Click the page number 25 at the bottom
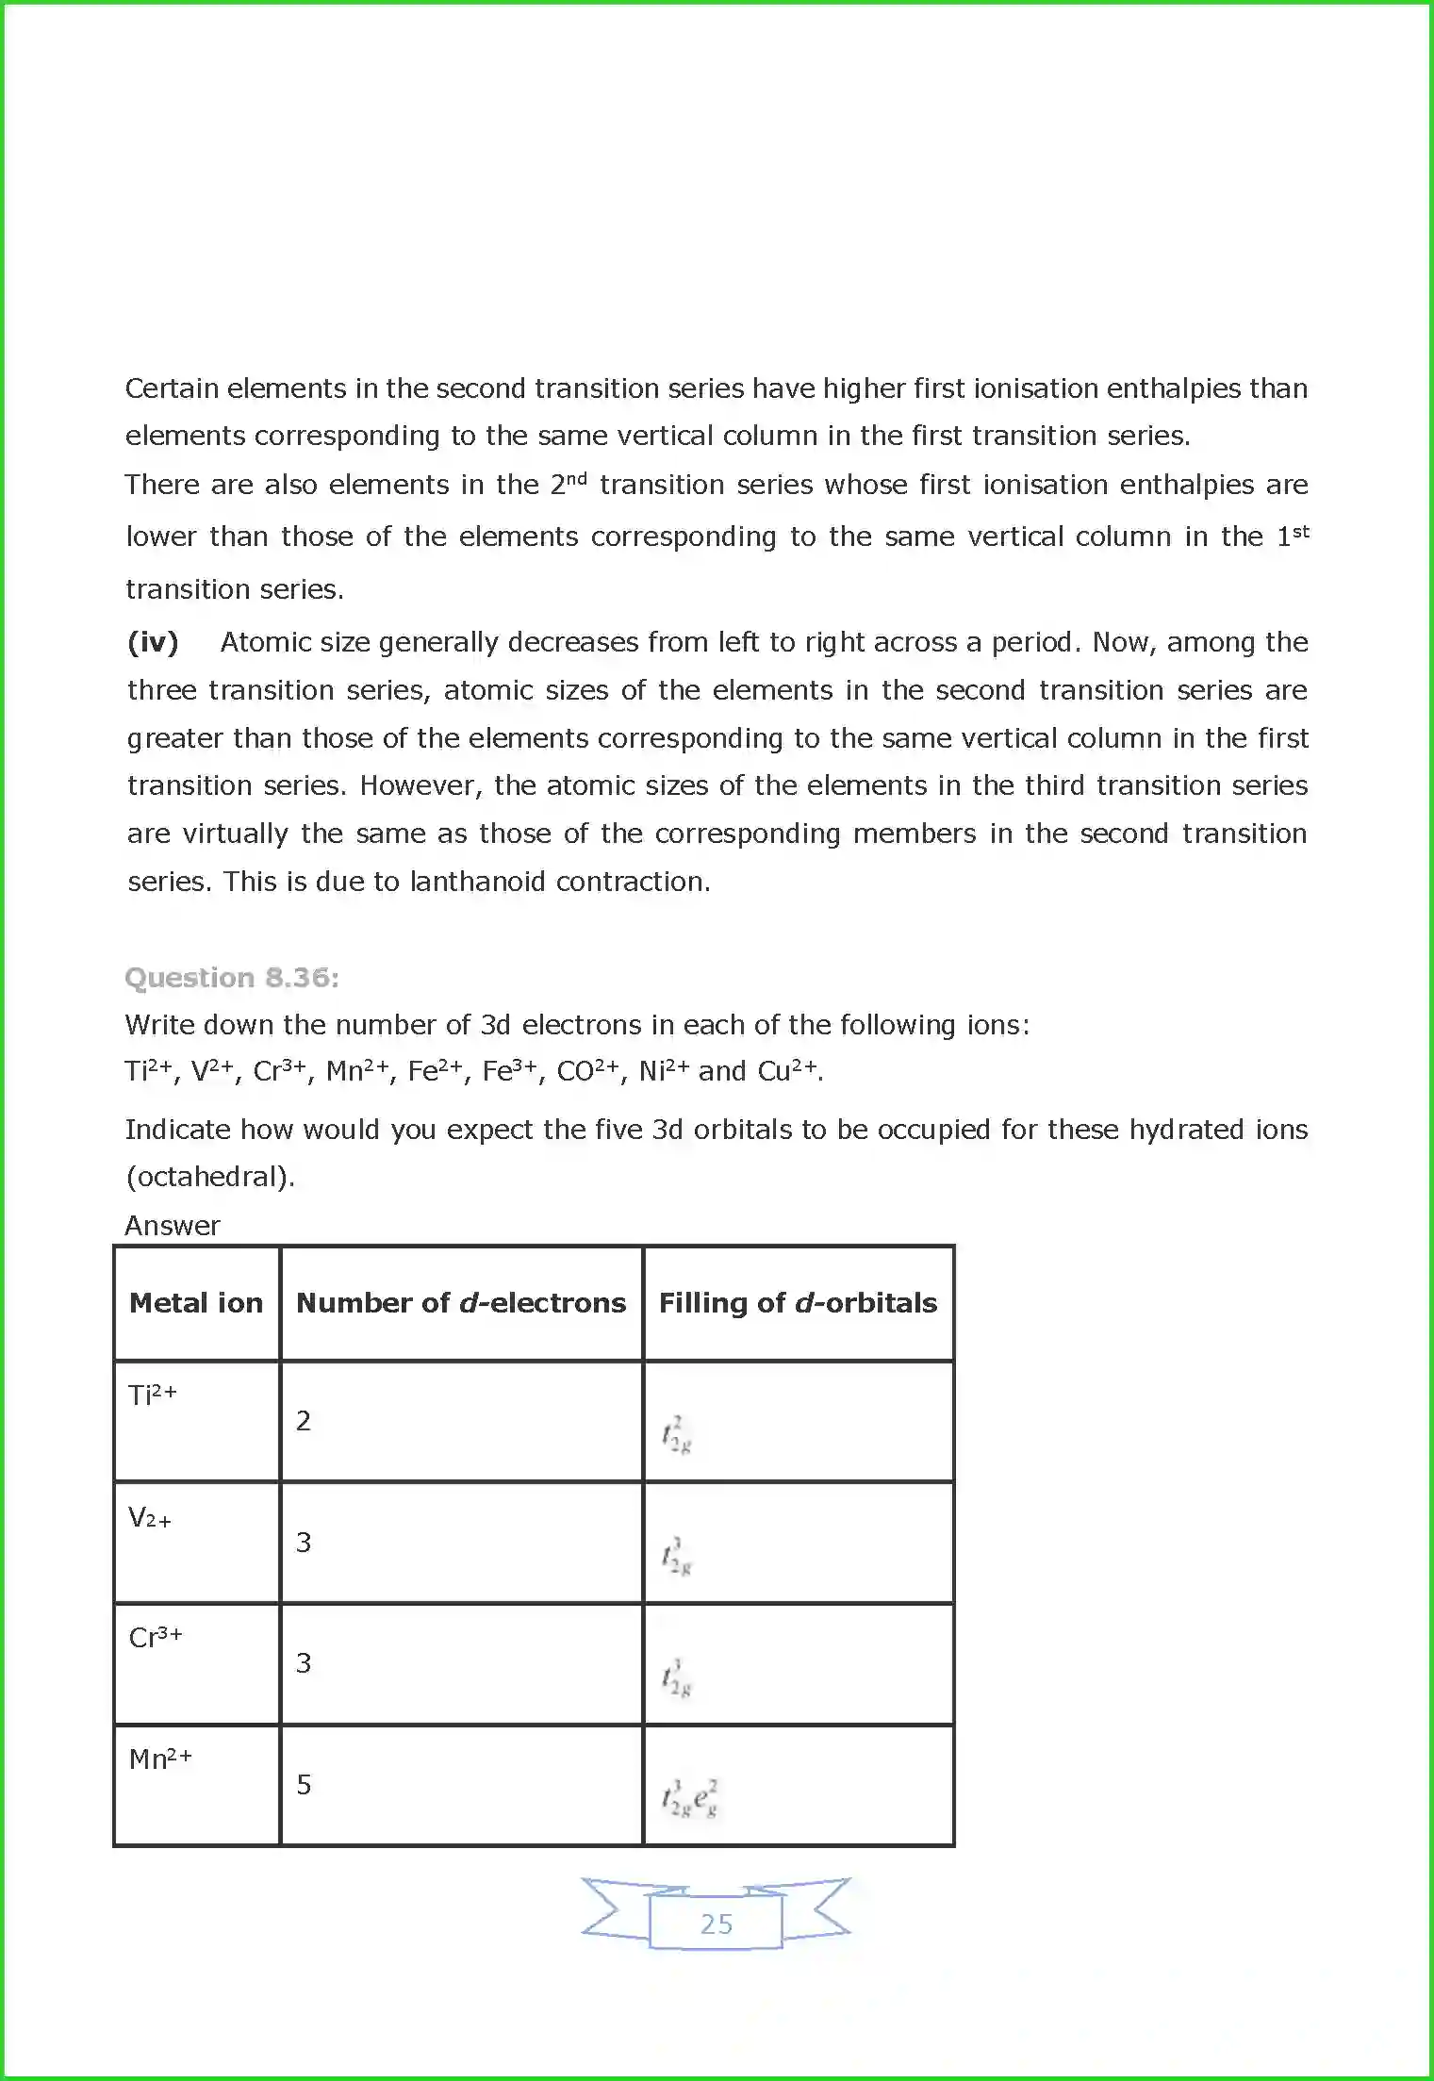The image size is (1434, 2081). pos(717,1924)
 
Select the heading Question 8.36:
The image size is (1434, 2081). pos(231,978)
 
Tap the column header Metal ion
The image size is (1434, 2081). pos(196,1303)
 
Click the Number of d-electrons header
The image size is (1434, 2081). pos(461,1303)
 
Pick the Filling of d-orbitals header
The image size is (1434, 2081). pos(798,1303)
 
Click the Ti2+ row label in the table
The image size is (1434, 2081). pos(152,1395)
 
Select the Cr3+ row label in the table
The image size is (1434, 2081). pos(156,1638)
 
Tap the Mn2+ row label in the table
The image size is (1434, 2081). pos(160,1759)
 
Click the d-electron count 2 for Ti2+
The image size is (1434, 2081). pos(304,1421)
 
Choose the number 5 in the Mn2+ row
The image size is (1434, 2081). pos(304,1785)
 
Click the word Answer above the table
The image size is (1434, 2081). pos(173,1226)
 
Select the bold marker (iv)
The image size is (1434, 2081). pos(153,642)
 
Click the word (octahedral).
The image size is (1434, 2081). pos(209,1177)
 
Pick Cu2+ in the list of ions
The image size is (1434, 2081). pos(789,1072)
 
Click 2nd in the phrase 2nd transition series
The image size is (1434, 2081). pos(569,484)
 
